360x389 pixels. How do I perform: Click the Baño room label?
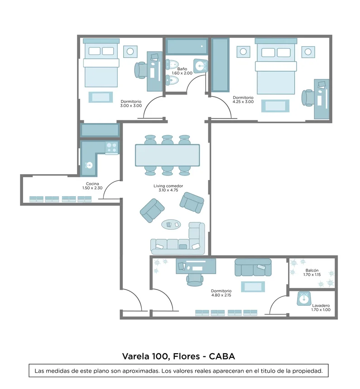(182, 69)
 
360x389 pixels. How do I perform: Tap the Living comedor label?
(168, 186)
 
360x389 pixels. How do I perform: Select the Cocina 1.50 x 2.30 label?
(92, 186)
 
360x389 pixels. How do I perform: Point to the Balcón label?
(312, 270)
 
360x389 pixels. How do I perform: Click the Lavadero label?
(321, 306)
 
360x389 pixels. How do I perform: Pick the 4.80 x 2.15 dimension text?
(221, 295)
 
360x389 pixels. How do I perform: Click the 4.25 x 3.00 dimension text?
(243, 102)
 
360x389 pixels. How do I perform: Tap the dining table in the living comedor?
(168, 155)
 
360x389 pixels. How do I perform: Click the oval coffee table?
(171, 224)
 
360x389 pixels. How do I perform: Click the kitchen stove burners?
(112, 147)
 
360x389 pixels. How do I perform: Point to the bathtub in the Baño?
(187, 47)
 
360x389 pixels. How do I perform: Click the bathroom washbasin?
(201, 66)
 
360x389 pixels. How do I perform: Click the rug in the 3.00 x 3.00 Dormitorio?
(101, 97)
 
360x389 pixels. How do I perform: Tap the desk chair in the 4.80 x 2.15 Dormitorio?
(195, 280)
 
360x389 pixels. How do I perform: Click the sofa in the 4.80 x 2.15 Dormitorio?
(253, 268)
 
